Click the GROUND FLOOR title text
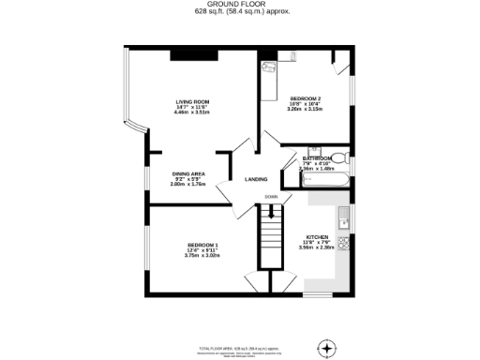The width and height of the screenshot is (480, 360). pos(239,5)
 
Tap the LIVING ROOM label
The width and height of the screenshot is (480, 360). pos(192,101)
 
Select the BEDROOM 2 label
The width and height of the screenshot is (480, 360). pos(306,98)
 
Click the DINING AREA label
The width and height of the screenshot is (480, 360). pos(188,173)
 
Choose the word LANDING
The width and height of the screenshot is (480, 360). pos(256,179)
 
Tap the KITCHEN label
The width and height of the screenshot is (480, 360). pos(317,236)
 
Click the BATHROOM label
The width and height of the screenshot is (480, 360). pos(317,158)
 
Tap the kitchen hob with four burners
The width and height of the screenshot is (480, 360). pos(344,245)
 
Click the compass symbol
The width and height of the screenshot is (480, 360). pos(326,349)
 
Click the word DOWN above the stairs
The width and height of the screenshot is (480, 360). pos(270,197)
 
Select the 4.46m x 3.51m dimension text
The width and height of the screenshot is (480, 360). pos(192,112)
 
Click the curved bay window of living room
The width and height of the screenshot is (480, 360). pos(133,103)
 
